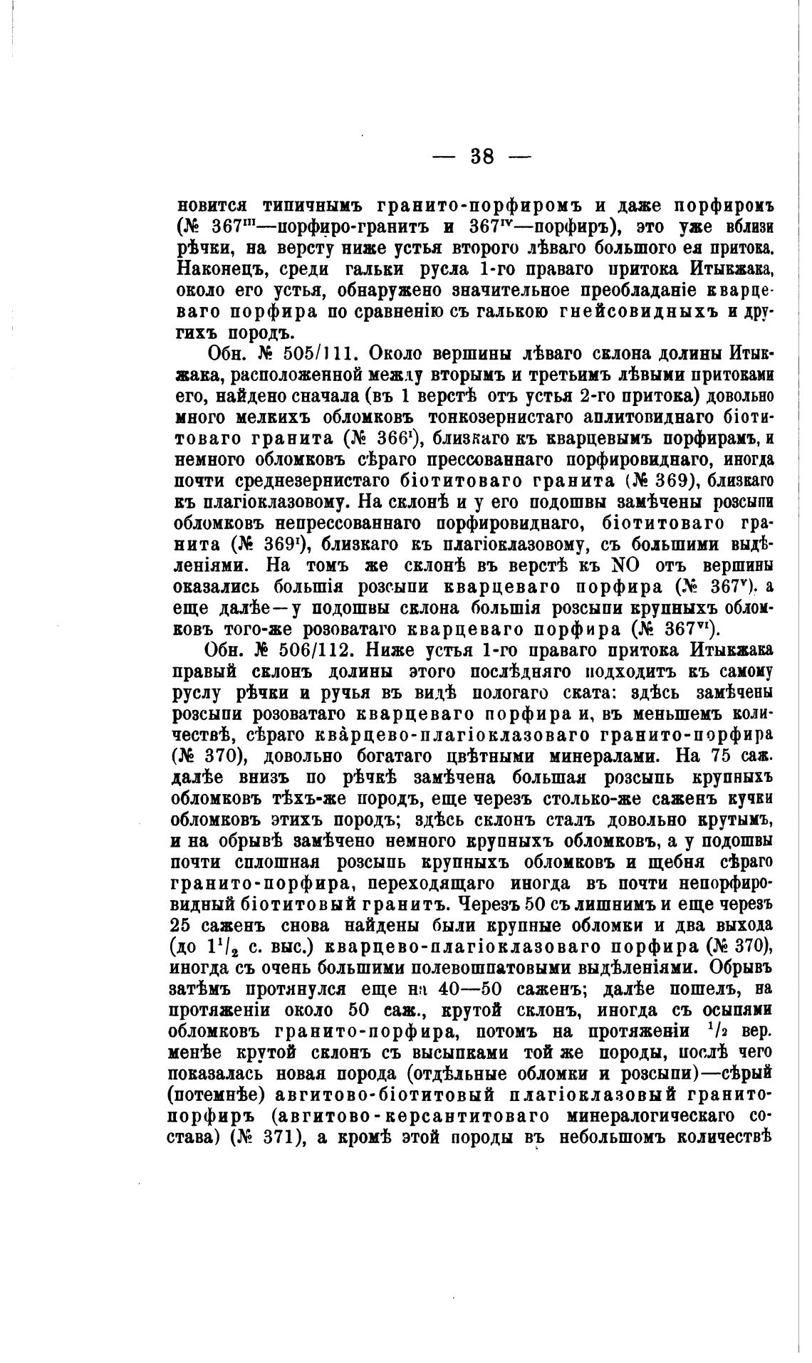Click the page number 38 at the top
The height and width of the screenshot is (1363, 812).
click(482, 157)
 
